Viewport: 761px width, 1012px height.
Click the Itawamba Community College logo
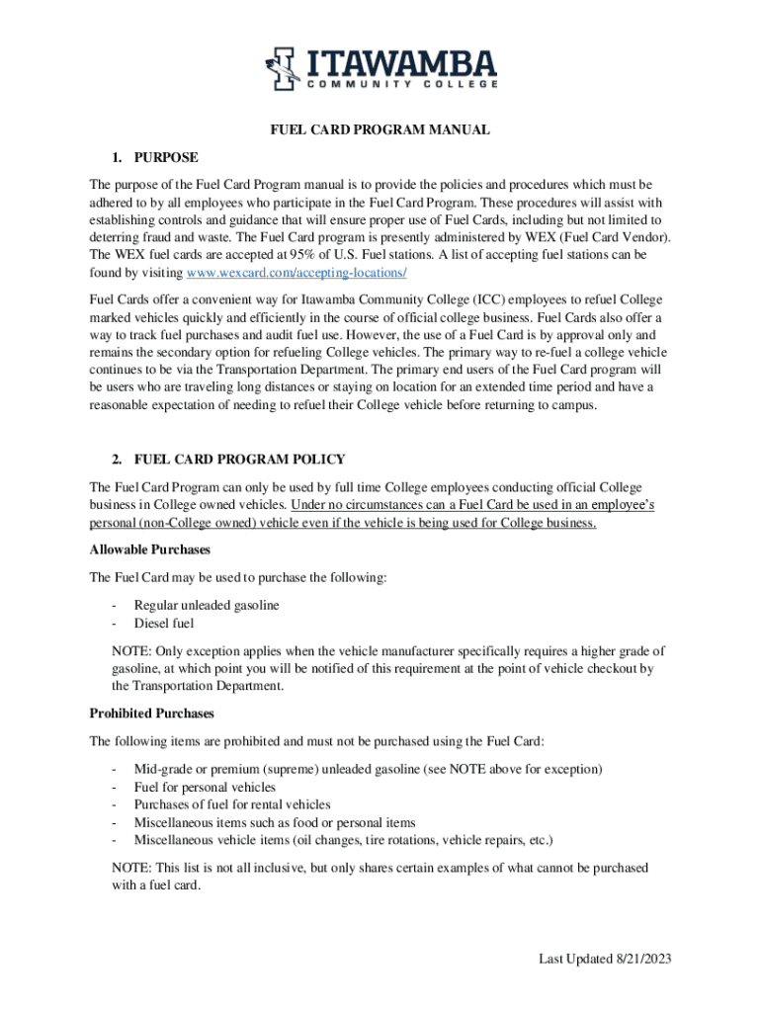click(380, 70)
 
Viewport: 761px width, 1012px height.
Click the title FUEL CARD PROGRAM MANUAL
click(381, 129)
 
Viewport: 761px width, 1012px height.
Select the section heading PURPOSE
click(166, 157)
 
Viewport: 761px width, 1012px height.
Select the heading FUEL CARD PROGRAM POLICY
click(239, 460)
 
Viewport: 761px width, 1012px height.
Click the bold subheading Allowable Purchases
click(150, 549)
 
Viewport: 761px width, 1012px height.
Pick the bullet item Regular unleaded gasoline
click(207, 605)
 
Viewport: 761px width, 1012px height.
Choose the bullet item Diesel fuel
click(164, 623)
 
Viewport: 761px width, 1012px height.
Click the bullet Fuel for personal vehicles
click(205, 787)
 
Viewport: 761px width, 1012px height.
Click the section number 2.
click(116, 460)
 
